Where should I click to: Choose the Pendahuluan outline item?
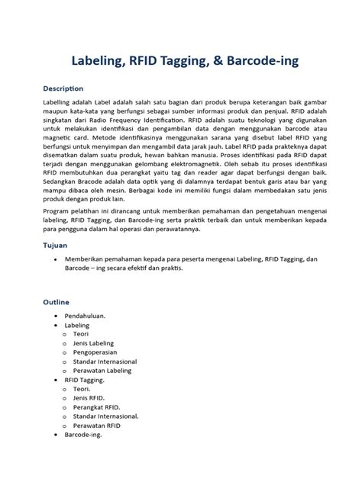pos(85,315)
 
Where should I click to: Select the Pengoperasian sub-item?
pos(98,352)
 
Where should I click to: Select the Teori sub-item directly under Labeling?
pos(80,333)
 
